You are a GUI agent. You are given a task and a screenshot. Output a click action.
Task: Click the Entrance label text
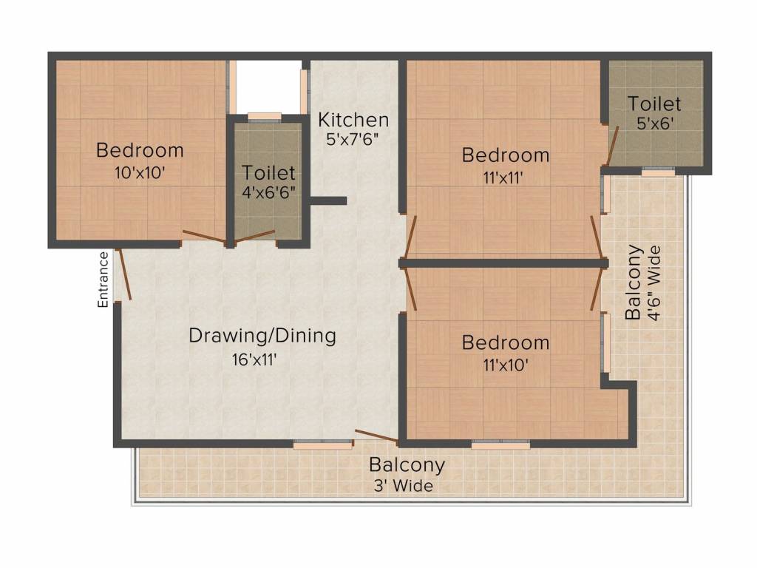tap(103, 279)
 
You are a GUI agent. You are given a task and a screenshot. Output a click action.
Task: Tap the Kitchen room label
tap(353, 119)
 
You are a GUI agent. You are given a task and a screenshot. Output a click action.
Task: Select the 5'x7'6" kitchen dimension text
tap(353, 140)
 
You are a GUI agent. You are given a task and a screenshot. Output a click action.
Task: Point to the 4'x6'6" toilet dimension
tap(268, 194)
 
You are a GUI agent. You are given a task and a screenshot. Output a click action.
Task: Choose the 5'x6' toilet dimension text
tap(654, 124)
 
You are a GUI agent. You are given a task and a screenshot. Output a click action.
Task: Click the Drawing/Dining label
tap(262, 336)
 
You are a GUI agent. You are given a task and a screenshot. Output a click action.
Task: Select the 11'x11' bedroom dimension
tap(506, 177)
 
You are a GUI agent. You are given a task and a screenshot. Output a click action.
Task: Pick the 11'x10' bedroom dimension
tap(506, 365)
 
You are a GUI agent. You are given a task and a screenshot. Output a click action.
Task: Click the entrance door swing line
tap(124, 274)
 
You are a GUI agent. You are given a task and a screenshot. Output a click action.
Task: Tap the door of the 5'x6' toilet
tap(611, 146)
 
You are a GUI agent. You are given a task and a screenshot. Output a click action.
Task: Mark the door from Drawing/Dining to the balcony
tap(377, 436)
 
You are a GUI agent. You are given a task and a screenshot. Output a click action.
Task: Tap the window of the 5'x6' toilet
tap(657, 172)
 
